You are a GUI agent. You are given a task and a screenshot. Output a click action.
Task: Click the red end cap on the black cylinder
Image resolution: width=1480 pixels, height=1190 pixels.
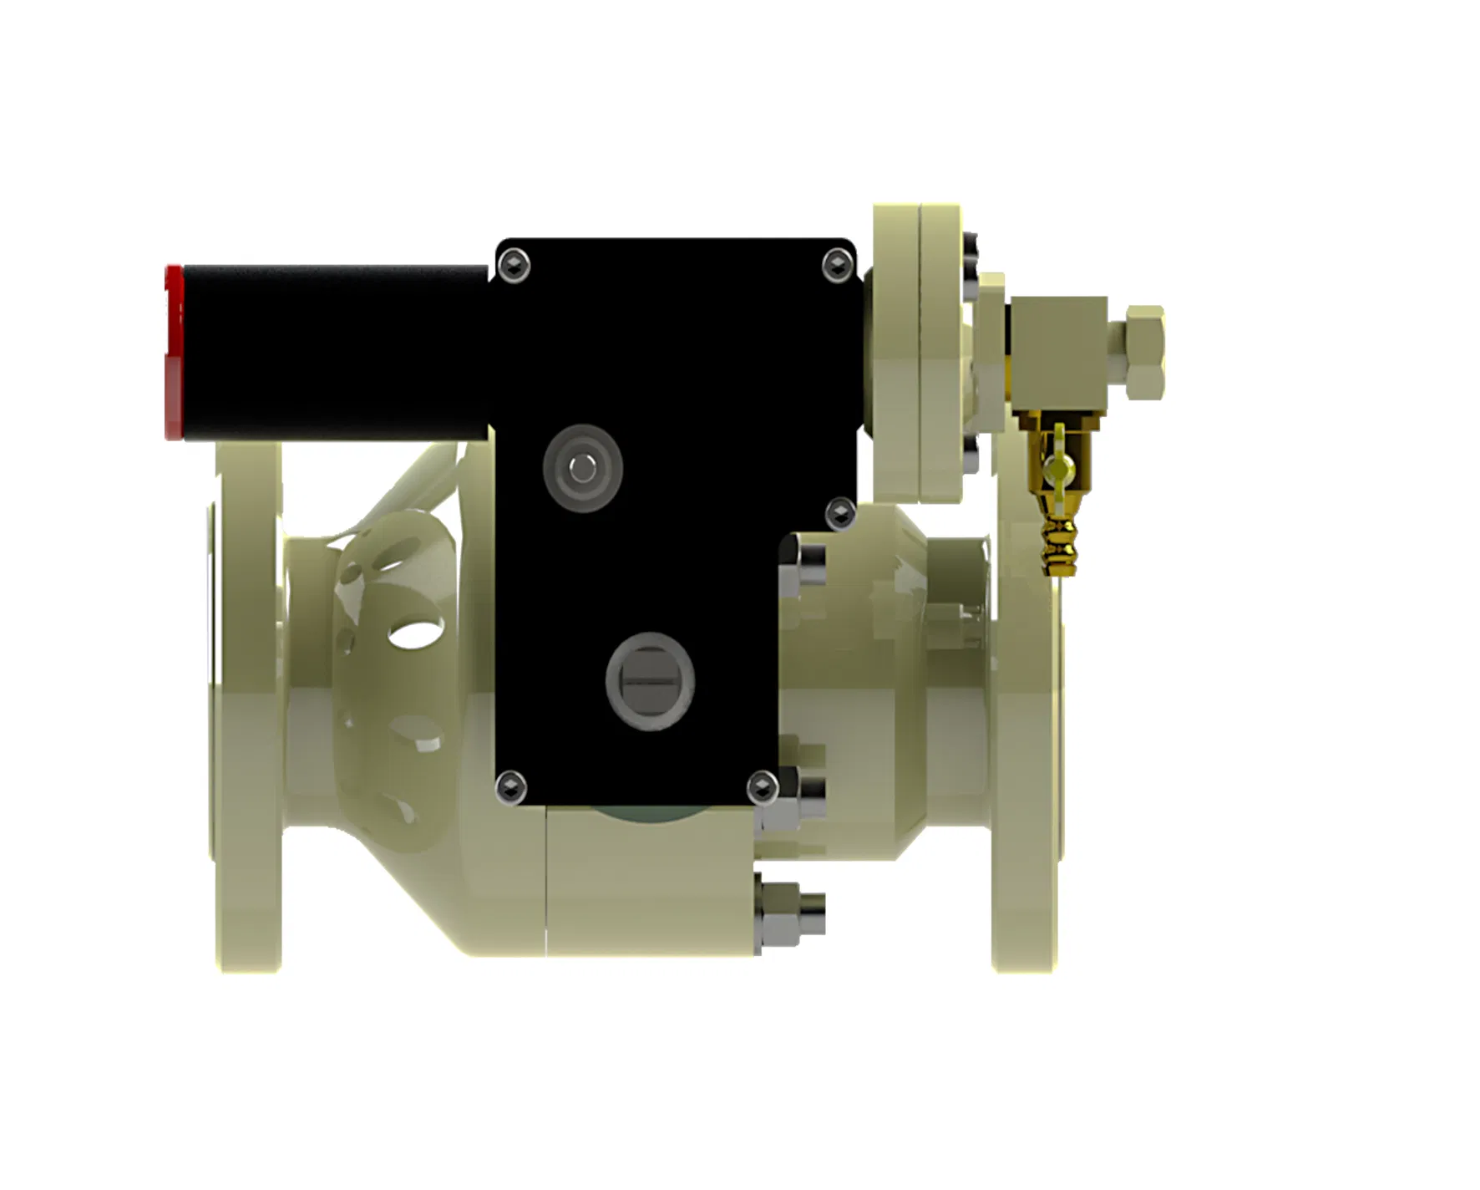click(174, 353)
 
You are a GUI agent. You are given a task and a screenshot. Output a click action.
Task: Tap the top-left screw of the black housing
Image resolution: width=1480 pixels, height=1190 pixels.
click(514, 267)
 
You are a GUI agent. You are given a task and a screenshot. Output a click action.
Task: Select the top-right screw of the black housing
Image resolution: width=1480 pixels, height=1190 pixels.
click(836, 266)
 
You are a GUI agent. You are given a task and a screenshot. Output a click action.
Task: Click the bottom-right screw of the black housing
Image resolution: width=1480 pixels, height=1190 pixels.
click(762, 787)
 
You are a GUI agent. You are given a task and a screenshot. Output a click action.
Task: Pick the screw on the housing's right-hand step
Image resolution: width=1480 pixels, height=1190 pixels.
click(839, 512)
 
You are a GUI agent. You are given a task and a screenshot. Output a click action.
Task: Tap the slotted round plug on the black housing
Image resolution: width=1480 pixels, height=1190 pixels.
click(650, 681)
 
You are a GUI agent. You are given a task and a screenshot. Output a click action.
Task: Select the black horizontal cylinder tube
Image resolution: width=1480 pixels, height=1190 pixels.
click(334, 351)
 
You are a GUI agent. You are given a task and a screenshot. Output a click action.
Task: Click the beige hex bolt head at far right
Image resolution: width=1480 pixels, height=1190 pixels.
click(1145, 351)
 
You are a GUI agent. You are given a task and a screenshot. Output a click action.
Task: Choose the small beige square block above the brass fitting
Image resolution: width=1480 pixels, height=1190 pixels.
click(1059, 351)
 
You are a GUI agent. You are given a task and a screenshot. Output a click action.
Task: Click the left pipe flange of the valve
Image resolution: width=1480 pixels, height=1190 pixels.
click(246, 710)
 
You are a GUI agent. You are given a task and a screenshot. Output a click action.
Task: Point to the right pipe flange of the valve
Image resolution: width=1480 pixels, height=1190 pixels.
click(1026, 752)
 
